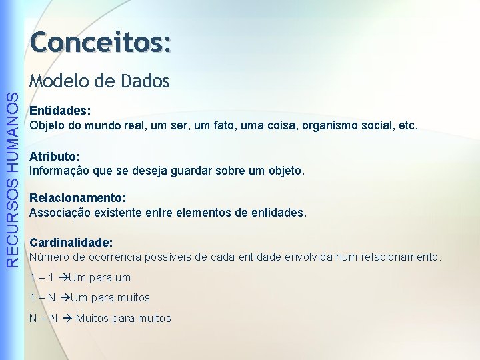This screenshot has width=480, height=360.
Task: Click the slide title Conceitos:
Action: [100, 43]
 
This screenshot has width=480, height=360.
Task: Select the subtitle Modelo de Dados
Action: [99, 81]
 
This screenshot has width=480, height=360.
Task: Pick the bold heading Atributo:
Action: [55, 157]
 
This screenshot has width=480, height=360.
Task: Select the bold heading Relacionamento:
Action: [78, 199]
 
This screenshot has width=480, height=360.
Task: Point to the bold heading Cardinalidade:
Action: [71, 243]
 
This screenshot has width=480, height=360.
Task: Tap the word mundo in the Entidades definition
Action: [102, 125]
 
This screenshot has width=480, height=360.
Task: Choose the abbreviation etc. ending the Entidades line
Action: [407, 125]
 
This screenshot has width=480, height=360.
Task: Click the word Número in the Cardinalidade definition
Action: [48, 257]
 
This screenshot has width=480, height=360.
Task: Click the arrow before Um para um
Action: [63, 277]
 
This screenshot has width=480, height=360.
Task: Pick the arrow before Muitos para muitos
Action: [67, 318]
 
